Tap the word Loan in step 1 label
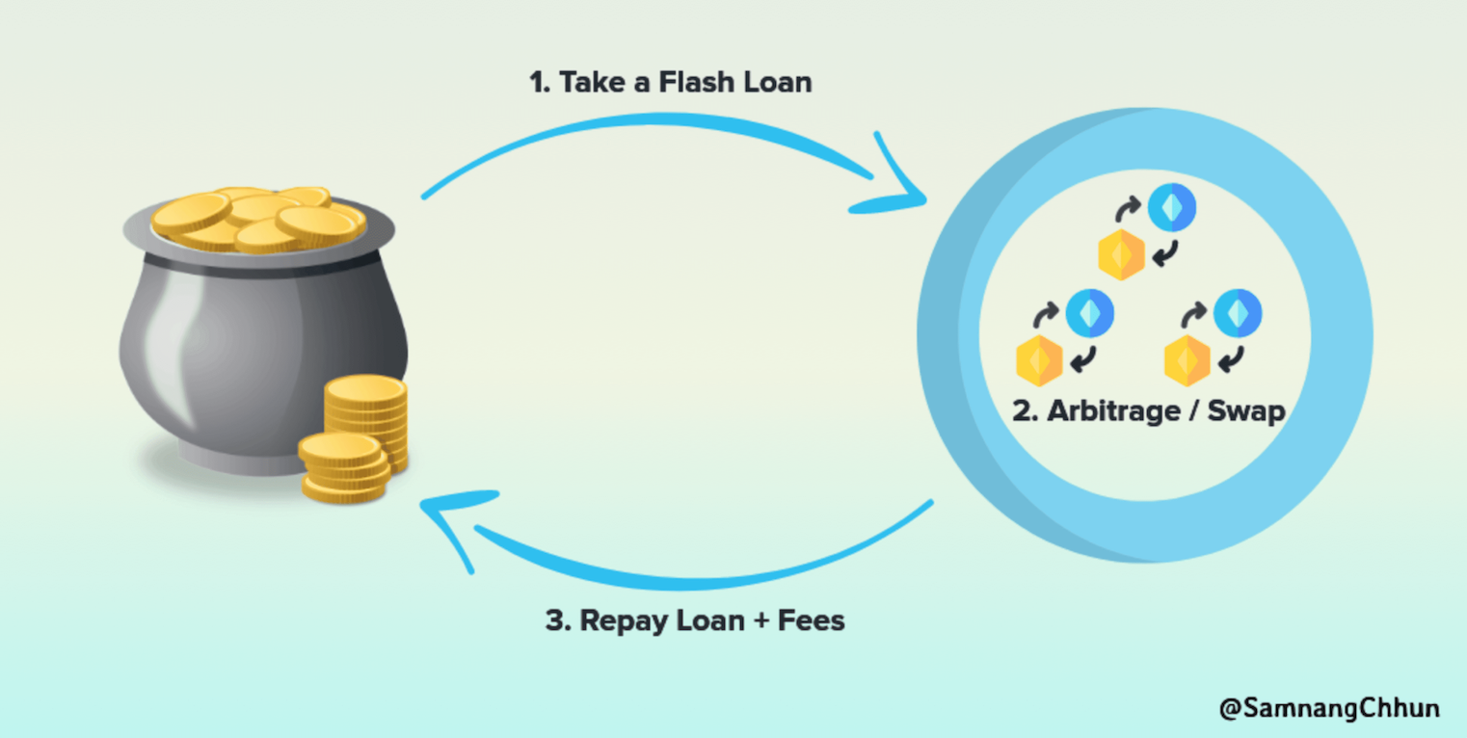pyautogui.click(x=776, y=82)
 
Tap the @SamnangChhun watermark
pyautogui.click(x=1329, y=709)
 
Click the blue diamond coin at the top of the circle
pyautogui.click(x=1171, y=207)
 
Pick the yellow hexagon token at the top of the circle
pyautogui.click(x=1121, y=254)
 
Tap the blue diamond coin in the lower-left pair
pyautogui.click(x=1090, y=314)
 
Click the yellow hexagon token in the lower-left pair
pyautogui.click(x=1039, y=360)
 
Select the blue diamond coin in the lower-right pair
pyautogui.click(x=1238, y=314)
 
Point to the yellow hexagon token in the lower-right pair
pyautogui.click(x=1187, y=360)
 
